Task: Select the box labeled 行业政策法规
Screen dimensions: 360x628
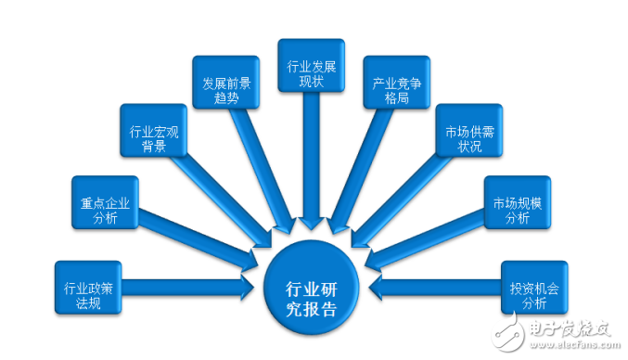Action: [88, 296]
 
